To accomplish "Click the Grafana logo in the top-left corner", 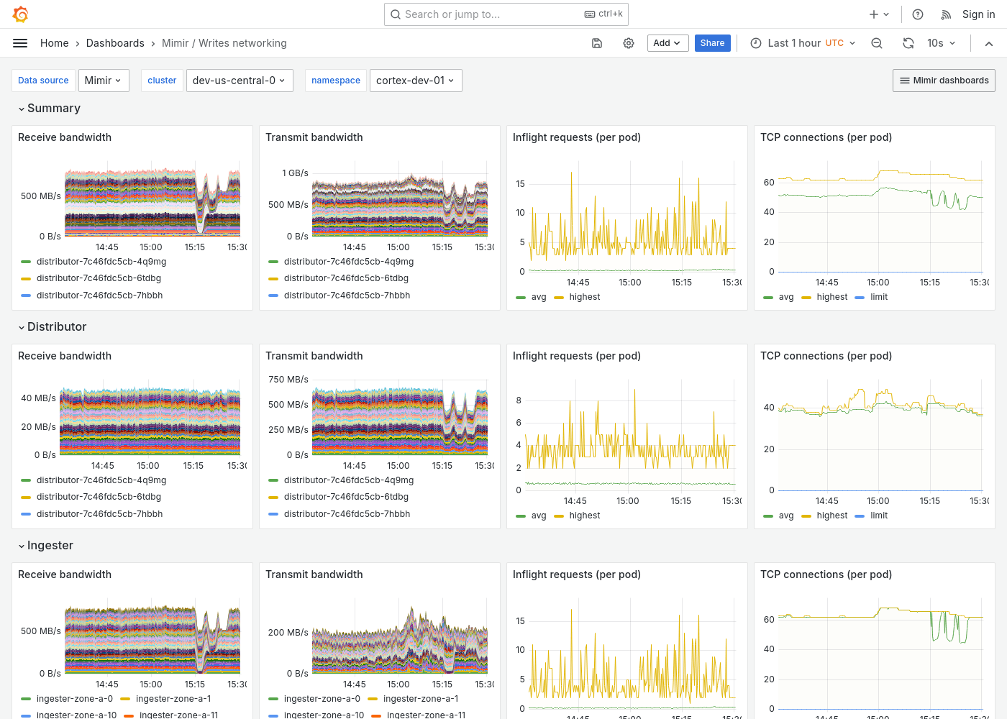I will [x=21, y=14].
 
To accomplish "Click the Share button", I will [x=712, y=43].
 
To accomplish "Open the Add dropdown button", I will [x=667, y=43].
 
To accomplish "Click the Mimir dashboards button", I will [x=944, y=81].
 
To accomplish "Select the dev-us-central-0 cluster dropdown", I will [x=238, y=81].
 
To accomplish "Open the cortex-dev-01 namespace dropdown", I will [x=415, y=81].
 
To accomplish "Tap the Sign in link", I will [x=978, y=14].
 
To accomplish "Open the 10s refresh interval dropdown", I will [x=941, y=43].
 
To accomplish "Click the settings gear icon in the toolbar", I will [x=629, y=43].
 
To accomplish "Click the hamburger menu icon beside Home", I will [x=20, y=43].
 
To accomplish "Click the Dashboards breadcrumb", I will [x=115, y=43].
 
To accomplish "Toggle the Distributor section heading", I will [x=56, y=326].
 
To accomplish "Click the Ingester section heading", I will [x=50, y=545].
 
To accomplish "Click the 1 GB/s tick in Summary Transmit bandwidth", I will [x=295, y=173].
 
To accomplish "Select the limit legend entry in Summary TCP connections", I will [x=878, y=297].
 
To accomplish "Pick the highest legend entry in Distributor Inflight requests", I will [x=584, y=516].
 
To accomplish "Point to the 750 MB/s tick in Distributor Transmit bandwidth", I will [x=288, y=379].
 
